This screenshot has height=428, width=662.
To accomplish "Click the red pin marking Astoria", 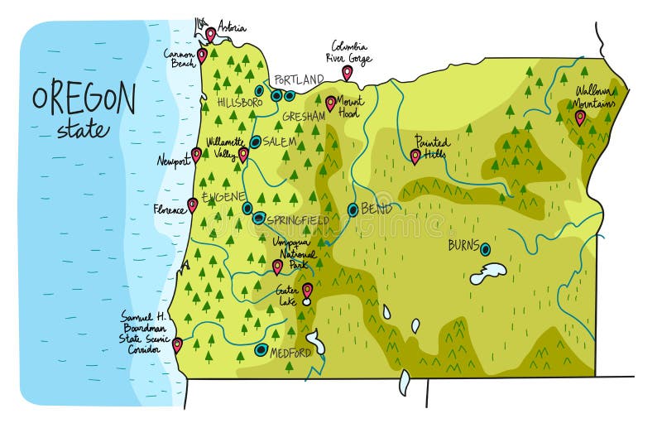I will click(x=211, y=34).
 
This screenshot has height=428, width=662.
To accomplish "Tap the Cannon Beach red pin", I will click(x=202, y=55).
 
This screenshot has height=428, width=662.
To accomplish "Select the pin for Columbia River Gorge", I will click(x=347, y=73).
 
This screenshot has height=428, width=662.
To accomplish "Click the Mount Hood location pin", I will click(x=330, y=103).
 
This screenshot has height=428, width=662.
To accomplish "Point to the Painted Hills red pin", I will click(x=415, y=156).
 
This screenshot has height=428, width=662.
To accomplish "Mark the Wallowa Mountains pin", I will click(x=580, y=118).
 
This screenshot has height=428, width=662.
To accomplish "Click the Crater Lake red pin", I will click(x=307, y=291).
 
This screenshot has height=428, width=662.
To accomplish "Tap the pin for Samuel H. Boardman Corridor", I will click(x=177, y=344).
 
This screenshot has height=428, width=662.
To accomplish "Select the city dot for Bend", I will click(x=353, y=210).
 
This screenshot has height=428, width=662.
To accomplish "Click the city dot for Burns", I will click(x=485, y=248).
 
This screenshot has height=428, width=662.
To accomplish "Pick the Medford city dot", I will click(x=261, y=350).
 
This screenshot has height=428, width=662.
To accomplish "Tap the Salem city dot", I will click(x=256, y=142).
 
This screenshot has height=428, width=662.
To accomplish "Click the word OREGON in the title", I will click(x=83, y=99).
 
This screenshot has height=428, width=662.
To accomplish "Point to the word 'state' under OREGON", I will click(x=82, y=130).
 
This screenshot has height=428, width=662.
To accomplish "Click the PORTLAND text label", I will click(x=299, y=80).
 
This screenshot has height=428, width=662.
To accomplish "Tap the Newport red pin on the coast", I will click(x=196, y=154).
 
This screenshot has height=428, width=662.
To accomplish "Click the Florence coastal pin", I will click(x=192, y=204).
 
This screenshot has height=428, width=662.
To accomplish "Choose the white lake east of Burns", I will click(x=488, y=273).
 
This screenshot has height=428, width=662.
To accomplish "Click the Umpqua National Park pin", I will click(x=277, y=267).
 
